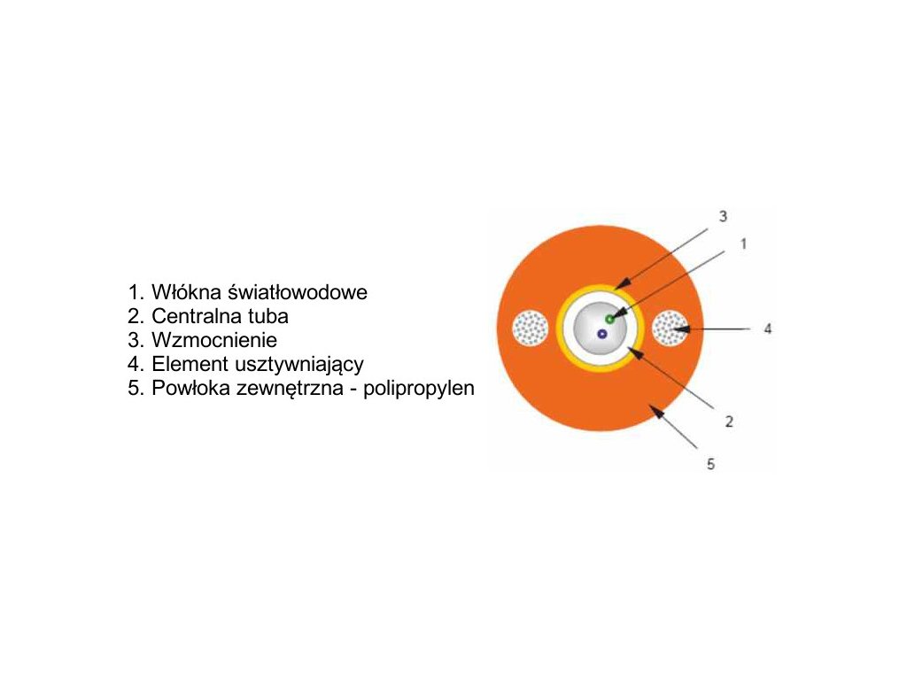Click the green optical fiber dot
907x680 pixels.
[x=609, y=319]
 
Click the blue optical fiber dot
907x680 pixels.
[x=602, y=334]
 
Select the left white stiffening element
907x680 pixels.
[x=530, y=328]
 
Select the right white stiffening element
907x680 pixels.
[x=670, y=328]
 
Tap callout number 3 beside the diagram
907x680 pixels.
[x=723, y=216]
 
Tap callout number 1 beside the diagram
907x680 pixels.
[x=744, y=242]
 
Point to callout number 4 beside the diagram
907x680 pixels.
[x=768, y=328]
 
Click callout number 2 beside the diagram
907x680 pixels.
[x=729, y=421]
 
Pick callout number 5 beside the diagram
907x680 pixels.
[x=710, y=463]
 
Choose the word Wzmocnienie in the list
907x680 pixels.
[x=214, y=340]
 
